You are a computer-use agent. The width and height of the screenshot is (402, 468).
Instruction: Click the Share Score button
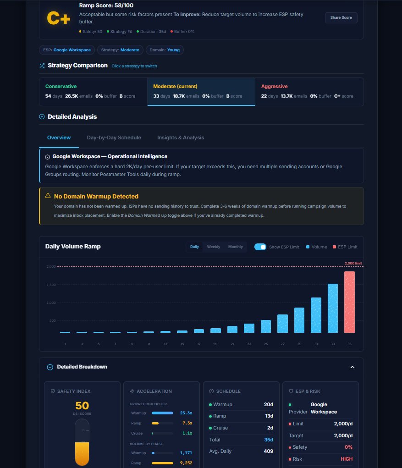coord(341,17)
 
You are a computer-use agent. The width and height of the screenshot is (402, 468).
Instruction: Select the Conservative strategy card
coord(93,91)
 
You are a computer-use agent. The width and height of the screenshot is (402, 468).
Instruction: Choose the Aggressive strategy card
coord(309,91)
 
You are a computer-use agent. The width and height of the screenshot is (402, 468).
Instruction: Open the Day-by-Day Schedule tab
coord(114,138)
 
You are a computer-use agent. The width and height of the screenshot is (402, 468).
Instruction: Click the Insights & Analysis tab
coord(181,138)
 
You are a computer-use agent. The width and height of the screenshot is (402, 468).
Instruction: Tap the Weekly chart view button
coord(214,247)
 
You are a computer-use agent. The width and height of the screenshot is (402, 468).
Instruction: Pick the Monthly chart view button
coord(236,247)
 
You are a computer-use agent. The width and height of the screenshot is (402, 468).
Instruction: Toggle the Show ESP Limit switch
coord(260,247)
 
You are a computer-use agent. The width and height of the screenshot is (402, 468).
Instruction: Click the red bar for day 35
coord(349,302)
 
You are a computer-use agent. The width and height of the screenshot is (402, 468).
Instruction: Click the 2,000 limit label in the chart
coord(353,263)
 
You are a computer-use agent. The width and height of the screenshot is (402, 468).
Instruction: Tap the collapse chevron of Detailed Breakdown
coord(352,367)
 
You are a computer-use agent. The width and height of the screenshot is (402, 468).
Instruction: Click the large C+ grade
coord(59,19)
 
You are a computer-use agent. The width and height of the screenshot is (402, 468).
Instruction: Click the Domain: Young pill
coord(165,50)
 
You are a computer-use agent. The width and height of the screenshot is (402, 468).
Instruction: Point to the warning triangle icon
coord(48,196)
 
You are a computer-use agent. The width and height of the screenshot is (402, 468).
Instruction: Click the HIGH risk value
coord(347,459)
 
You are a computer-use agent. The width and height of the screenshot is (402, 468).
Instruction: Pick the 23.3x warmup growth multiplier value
coord(186,413)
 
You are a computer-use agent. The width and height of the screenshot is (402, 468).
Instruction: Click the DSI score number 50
coord(82,406)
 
